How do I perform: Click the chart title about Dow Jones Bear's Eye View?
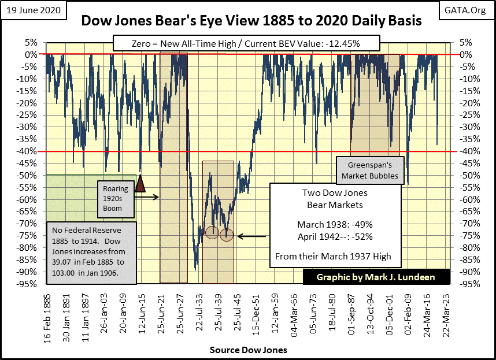point(251,21)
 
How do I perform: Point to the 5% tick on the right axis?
point(465,42)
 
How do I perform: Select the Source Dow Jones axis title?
point(248,350)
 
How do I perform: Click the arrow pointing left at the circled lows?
point(251,236)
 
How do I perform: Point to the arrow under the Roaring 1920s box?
point(149,197)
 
